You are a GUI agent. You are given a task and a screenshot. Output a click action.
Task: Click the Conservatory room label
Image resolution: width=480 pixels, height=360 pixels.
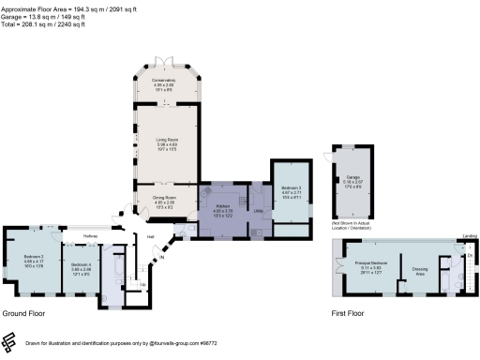pyautogui.click(x=164, y=82)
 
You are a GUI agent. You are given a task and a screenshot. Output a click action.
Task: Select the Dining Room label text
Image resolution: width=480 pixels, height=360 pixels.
pyautogui.click(x=164, y=198)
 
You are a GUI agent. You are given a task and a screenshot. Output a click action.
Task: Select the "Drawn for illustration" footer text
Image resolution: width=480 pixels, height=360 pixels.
pyautogui.click(x=122, y=344)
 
